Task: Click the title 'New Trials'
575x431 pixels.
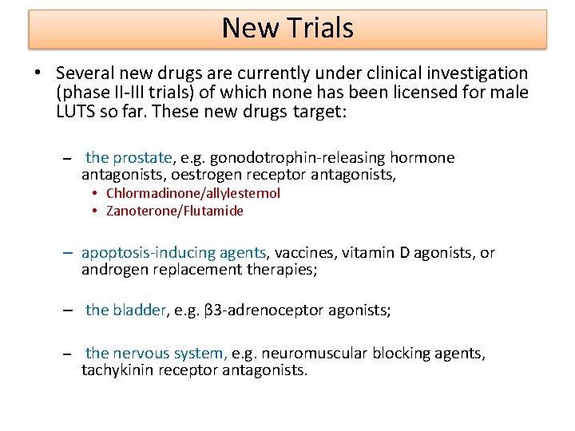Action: pos(287,28)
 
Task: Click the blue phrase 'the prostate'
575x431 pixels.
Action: pos(129,158)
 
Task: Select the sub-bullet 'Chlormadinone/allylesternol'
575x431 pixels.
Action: pos(192,193)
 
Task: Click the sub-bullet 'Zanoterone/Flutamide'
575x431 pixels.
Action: pos(174,211)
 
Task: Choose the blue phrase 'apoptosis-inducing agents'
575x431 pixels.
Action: pos(174,253)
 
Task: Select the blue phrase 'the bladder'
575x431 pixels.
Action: pos(126,310)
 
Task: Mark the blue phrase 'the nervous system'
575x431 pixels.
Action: pos(156,353)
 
